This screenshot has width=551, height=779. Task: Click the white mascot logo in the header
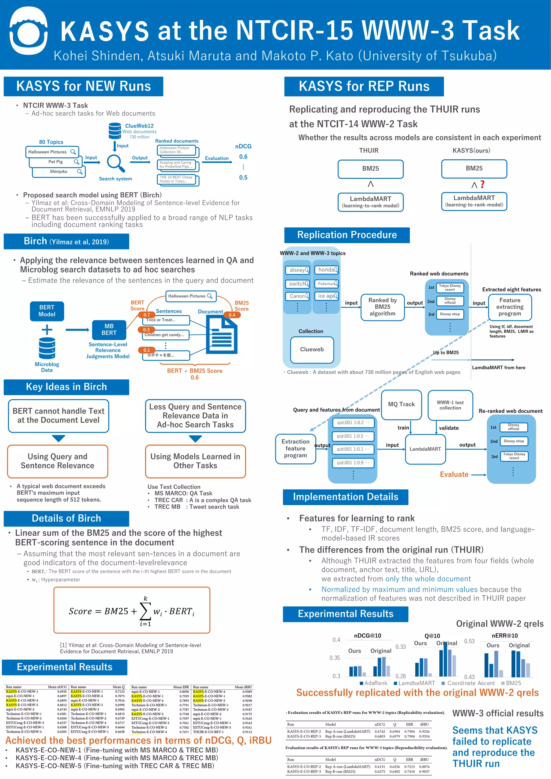tap(28, 32)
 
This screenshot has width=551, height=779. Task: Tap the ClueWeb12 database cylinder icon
tap(115, 131)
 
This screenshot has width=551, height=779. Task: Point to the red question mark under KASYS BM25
tap(482, 184)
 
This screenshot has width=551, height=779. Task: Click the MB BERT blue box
tap(109, 330)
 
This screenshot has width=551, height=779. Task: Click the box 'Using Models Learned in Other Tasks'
tap(195, 461)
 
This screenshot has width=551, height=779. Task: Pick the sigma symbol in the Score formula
tap(145, 611)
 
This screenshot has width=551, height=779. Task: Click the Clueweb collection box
tap(312, 349)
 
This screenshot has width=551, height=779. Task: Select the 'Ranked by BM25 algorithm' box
tap(382, 307)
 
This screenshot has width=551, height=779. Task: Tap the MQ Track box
tap(401, 404)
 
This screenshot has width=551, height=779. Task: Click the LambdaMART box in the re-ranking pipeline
tap(425, 449)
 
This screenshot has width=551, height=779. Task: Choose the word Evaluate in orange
tap(454, 474)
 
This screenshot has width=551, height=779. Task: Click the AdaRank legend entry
tap(373, 683)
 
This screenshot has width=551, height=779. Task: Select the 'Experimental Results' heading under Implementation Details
tap(345, 614)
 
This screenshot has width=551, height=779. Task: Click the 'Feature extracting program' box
tap(510, 307)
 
